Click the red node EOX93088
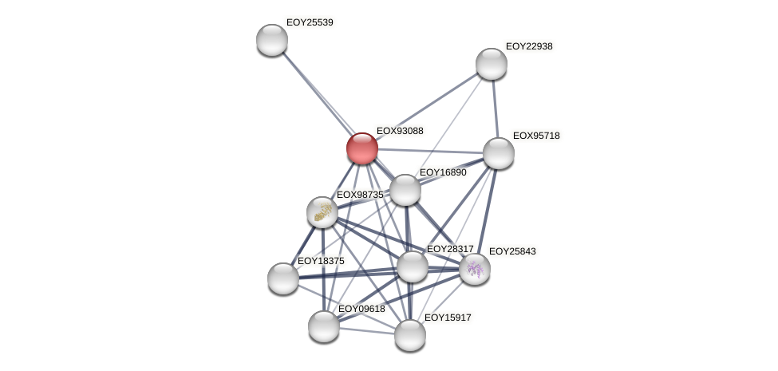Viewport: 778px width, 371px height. click(361, 148)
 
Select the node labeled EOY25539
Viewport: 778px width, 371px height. click(272, 40)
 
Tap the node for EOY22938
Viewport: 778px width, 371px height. click(492, 64)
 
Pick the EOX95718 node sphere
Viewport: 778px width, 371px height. click(499, 153)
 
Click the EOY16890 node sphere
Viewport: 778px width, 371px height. click(405, 190)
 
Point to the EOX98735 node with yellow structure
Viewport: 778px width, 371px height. click(322, 212)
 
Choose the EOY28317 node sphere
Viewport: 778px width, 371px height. click(413, 266)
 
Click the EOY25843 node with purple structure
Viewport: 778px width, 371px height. click(475, 269)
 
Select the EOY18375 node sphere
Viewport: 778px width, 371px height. click(283, 278)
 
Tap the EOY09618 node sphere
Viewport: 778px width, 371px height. click(324, 326)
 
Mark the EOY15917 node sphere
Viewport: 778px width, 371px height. click(410, 335)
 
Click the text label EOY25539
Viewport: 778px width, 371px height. click(310, 22)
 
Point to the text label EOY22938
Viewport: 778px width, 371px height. click(529, 46)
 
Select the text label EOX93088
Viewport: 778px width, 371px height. click(400, 131)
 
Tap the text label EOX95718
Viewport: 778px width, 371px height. click(536, 136)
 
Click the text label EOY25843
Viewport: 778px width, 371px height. click(512, 251)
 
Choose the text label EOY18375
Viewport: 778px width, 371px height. click(321, 261)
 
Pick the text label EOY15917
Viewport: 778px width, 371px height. click(448, 318)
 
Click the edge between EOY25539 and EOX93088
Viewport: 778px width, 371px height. click(317, 94)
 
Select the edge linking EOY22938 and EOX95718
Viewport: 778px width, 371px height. click(495, 109)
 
